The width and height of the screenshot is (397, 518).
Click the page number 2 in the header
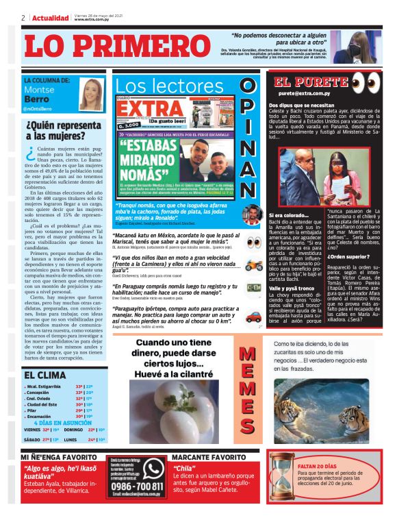23,18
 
